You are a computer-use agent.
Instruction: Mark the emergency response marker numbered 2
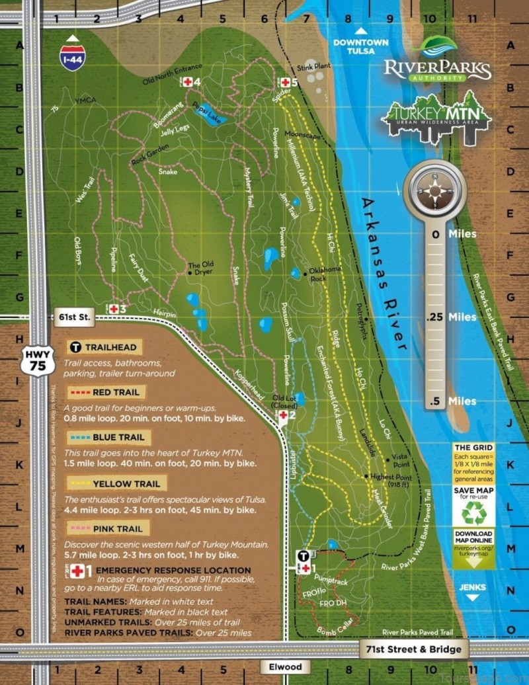click(282, 415)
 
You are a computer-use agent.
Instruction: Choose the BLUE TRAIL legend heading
click(112, 438)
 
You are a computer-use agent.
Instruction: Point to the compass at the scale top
click(435, 191)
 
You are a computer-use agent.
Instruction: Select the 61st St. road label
click(74, 318)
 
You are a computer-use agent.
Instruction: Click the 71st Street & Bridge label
click(413, 649)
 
